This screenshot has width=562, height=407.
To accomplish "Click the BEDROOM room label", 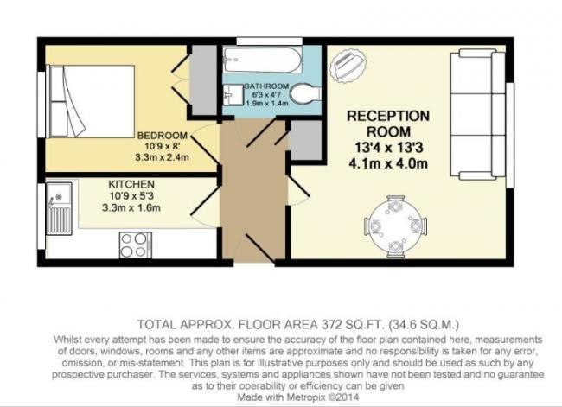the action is point(163,136).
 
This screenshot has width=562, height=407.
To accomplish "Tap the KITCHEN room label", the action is point(131,184).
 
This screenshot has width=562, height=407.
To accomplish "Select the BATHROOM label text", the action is point(266,86).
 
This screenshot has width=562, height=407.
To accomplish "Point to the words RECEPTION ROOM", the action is point(388,124).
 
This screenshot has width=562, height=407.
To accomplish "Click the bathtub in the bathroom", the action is point(262,60).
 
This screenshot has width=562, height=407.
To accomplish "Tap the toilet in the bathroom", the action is point(305,94).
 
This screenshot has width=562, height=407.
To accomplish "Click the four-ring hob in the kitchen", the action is point(135,245).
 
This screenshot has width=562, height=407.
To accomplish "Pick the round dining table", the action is point(394,226).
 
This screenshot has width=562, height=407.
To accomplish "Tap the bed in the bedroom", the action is point(93,101).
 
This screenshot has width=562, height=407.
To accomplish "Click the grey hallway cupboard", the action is point(306,140).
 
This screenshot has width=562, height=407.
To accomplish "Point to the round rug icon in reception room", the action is point(348,66).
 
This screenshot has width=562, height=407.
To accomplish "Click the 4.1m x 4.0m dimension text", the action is point(388,163).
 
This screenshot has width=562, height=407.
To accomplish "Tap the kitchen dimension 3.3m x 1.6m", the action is point(131,207).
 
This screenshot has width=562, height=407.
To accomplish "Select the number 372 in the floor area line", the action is point(329,325).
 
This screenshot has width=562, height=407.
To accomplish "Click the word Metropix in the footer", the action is point(305,397).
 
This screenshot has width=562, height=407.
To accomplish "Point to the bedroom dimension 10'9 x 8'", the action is point(163,146).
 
